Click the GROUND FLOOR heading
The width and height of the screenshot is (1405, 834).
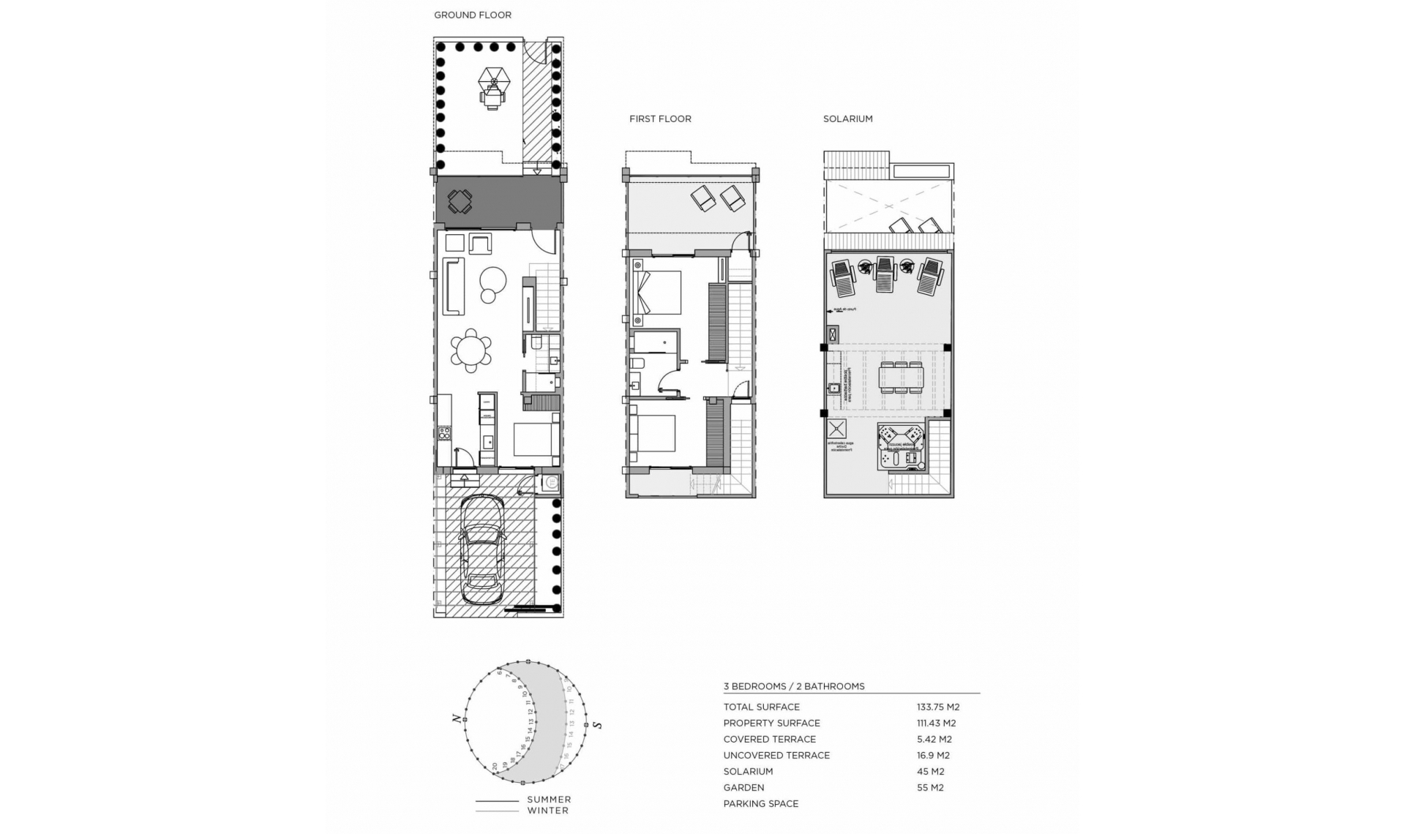coord(472,15)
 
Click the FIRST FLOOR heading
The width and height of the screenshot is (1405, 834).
coord(659,119)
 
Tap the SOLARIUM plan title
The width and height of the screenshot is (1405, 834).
coord(847,119)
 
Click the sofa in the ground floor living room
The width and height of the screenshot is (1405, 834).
coord(454,286)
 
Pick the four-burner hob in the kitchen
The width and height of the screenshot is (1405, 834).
coord(444,433)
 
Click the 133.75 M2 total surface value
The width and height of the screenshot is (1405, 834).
coord(937,707)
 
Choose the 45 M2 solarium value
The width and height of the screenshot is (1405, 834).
coord(930,771)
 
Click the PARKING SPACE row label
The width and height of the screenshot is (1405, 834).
coord(760,803)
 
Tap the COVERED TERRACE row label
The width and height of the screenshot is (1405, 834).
coord(769,739)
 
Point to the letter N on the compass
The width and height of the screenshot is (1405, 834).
coord(457,719)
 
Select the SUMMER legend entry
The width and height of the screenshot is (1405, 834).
coord(549,800)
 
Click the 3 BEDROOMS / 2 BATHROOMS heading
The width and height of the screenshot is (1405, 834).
coord(793,686)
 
